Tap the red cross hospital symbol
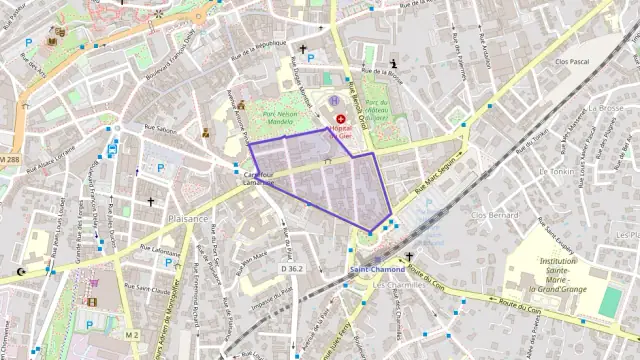pyautogui.click(x=341, y=119)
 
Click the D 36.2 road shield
pyautogui.click(x=292, y=268)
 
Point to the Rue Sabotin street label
pyautogui.click(x=160, y=128)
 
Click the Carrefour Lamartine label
pyautogui.click(x=259, y=177)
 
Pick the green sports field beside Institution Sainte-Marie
pyautogui.click(x=610, y=301)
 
